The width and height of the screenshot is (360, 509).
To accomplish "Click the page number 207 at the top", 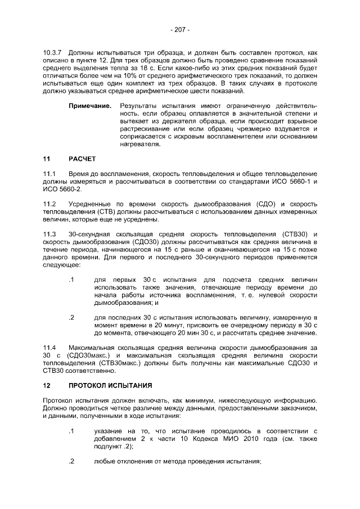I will pyautogui.click(x=180, y=29).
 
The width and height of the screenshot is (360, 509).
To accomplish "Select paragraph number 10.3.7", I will pyautogui.click(x=52, y=51).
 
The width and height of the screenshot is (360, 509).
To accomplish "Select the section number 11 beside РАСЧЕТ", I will pyautogui.click(x=47, y=159).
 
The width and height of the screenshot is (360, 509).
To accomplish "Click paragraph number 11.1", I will pyautogui.click(x=49, y=175).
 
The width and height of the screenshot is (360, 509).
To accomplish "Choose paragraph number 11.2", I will pyautogui.click(x=49, y=203).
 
